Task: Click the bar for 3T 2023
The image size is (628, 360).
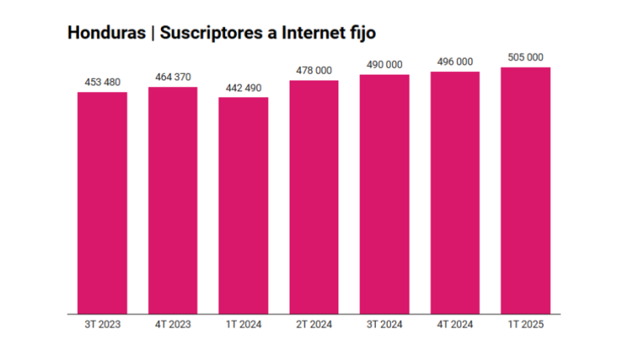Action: click(102, 203)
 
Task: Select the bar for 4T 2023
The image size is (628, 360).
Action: click(172, 200)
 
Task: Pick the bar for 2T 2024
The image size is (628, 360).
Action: click(314, 197)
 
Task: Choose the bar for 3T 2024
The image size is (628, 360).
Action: click(384, 194)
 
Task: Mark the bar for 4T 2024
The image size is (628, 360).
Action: click(455, 193)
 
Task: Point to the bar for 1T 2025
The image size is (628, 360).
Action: click(525, 191)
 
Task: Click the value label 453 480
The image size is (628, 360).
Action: click(102, 82)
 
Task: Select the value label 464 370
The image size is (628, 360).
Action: click(172, 77)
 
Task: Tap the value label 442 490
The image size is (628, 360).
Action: click(244, 88)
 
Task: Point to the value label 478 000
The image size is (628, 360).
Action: click(314, 70)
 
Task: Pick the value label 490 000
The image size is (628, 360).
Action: click(384, 64)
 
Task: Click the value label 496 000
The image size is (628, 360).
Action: click(455, 61)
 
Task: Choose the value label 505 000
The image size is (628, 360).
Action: click(525, 57)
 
